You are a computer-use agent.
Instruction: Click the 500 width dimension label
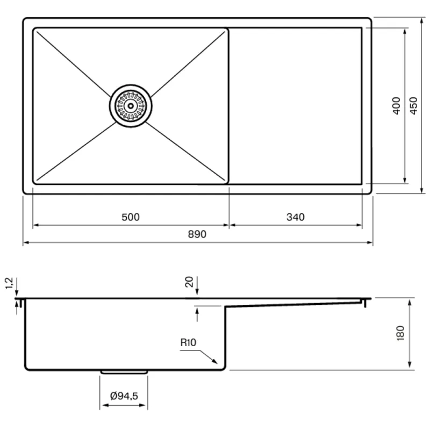coord(131,217)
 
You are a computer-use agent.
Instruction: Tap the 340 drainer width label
coord(295,217)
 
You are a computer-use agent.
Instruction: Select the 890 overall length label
coord(197,234)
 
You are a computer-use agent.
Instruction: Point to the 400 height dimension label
coord(396,105)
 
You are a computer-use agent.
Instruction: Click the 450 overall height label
coord(413,105)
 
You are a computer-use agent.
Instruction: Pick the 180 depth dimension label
coord(400,333)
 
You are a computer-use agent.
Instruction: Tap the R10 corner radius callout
coord(188,342)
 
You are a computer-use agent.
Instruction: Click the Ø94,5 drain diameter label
coord(124,396)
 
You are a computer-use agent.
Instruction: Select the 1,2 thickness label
coord(9,283)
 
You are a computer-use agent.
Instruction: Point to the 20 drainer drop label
coord(189,282)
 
